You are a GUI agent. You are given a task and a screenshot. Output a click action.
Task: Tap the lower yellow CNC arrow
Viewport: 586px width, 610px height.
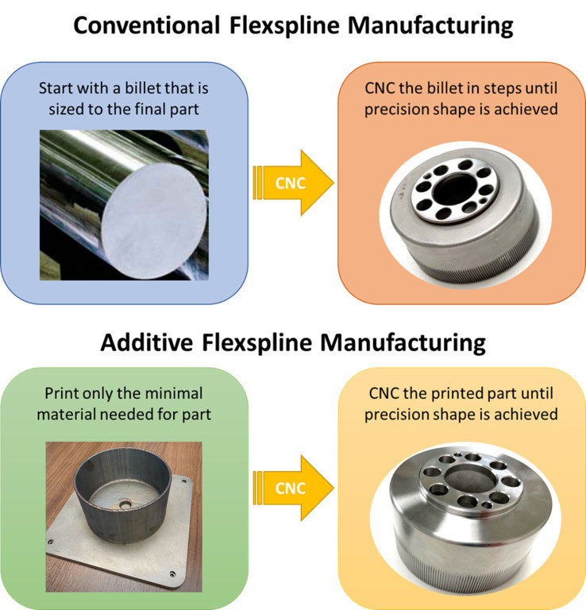tap(294, 487)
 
